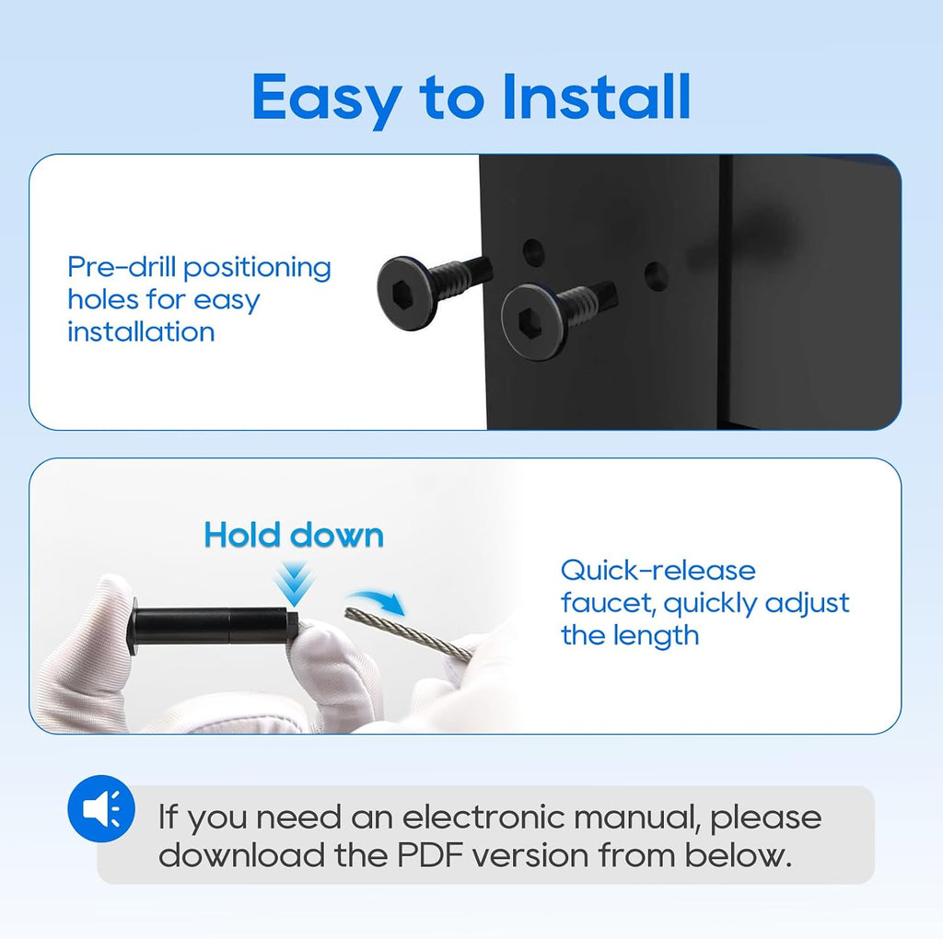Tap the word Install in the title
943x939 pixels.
[596, 96]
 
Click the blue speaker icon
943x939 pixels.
[101, 809]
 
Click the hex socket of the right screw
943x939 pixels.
[528, 321]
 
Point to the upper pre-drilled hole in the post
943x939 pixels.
[533, 252]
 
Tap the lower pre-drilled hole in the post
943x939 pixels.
[656, 276]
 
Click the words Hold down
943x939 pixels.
[294, 535]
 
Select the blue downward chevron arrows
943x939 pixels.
[294, 583]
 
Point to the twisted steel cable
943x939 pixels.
[409, 633]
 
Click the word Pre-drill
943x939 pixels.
[121, 268]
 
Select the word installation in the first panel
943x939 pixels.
[141, 331]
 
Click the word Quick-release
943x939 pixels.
[658, 571]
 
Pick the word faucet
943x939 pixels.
[609, 603]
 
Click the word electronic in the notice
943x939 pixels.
[483, 817]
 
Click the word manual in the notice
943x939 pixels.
[637, 817]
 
